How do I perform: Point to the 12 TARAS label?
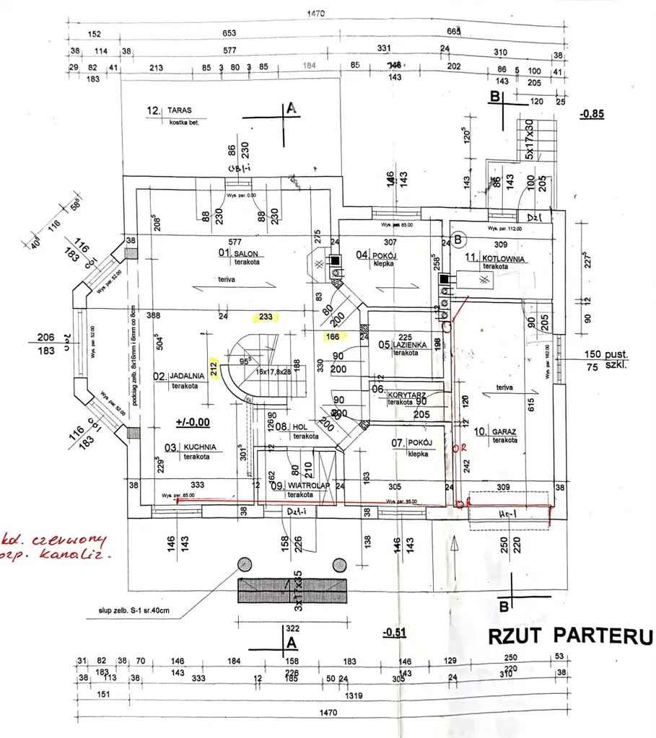pyautogui.click(x=169, y=111)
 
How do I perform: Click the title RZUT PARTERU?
pyautogui.click(x=570, y=637)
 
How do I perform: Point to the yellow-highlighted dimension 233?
pyautogui.click(x=265, y=316)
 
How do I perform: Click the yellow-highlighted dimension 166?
pyautogui.click(x=333, y=335)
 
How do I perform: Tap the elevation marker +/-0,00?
pyautogui.click(x=192, y=421)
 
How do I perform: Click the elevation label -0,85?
pyautogui.click(x=592, y=114)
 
